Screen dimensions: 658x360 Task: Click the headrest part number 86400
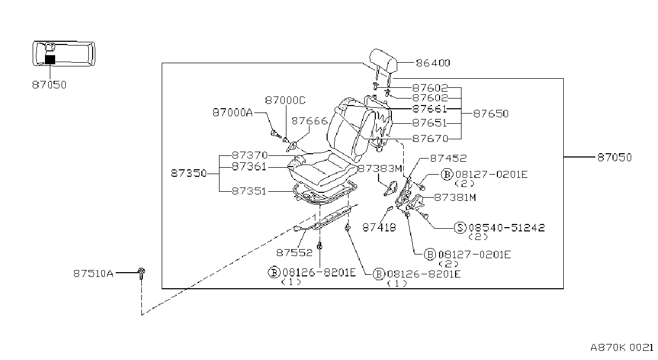point(433,63)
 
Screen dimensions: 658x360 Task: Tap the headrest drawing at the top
point(383,60)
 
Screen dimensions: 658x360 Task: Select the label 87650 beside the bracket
point(491,114)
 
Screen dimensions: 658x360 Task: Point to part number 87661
point(429,109)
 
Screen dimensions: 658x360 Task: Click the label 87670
point(430,138)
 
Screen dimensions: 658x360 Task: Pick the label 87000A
point(233,112)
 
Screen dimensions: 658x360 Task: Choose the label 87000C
point(285,101)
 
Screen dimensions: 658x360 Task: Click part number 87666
point(309,121)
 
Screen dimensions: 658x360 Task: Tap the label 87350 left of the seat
point(189,174)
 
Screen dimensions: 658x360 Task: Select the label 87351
point(249,191)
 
